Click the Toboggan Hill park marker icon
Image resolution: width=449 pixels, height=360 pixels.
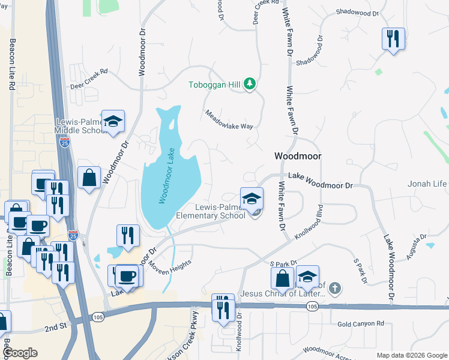pos(250,85)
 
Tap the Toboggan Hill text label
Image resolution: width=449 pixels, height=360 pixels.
pos(214,85)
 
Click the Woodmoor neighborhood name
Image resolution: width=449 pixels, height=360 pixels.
pos(298,156)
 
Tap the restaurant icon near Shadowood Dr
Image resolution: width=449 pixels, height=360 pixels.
pos(393,39)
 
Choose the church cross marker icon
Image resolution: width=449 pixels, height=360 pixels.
pos(335,289)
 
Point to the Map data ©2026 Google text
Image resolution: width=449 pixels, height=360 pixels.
pos(411,355)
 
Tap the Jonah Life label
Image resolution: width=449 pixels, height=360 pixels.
pos(428,184)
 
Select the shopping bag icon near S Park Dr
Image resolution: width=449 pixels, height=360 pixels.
pos(283,278)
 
